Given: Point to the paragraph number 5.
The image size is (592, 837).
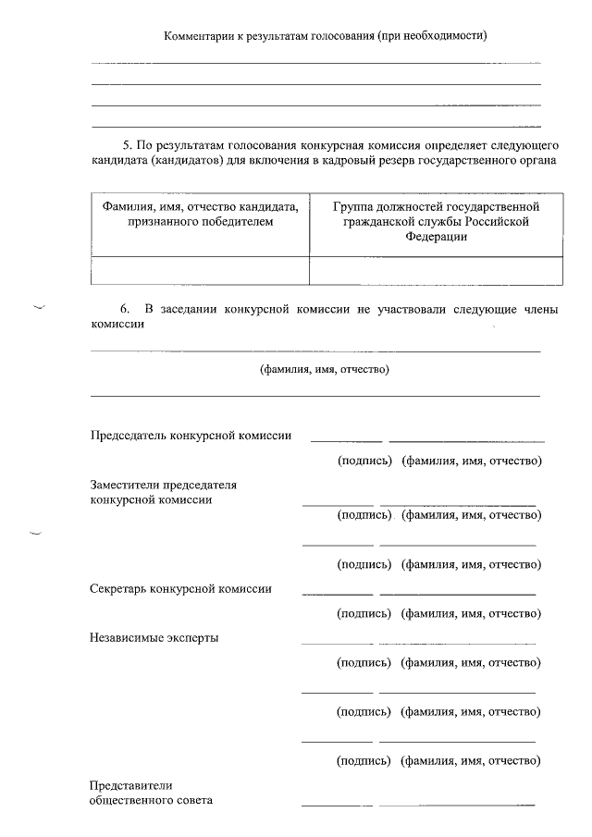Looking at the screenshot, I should (127, 145).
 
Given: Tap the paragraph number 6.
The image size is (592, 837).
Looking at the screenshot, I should (127, 308).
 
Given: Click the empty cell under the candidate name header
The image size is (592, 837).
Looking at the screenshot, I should (200, 270).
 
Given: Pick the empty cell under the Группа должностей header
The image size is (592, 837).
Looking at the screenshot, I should (436, 270).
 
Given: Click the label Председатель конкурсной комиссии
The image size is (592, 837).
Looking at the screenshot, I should (191, 437).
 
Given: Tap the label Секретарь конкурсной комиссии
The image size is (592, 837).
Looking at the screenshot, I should (180, 588).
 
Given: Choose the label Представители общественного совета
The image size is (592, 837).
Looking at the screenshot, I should (151, 793).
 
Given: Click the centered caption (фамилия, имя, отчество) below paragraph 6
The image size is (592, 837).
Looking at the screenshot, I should (324, 370).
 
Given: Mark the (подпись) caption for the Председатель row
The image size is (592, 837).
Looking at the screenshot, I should (365, 461).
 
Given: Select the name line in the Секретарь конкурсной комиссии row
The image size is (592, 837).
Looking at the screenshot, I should (457, 593).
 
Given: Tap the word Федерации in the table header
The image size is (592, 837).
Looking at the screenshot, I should (436, 237).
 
